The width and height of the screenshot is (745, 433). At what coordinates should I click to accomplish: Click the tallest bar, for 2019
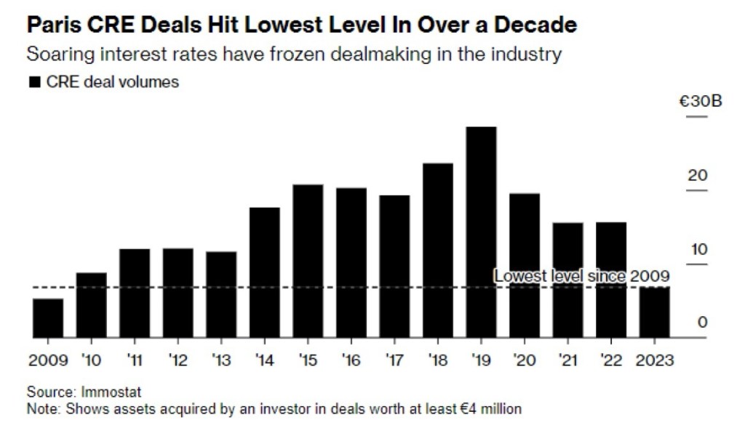[481, 232]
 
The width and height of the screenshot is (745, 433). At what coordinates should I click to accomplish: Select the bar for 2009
[48, 318]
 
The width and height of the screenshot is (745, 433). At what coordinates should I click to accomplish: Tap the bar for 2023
[654, 312]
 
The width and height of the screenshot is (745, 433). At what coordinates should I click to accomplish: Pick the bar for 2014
[264, 272]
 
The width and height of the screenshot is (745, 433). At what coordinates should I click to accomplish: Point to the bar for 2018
[437, 251]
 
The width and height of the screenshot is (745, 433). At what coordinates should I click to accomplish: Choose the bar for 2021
[567, 280]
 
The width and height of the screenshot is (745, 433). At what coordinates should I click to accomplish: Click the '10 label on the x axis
[91, 360]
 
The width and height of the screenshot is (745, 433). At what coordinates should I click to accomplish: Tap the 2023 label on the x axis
[655, 360]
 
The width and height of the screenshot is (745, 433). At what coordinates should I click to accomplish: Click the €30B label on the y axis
[700, 102]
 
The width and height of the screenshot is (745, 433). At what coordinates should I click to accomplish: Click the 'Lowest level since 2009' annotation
[581, 276]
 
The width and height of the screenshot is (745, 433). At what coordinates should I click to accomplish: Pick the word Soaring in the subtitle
[57, 54]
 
